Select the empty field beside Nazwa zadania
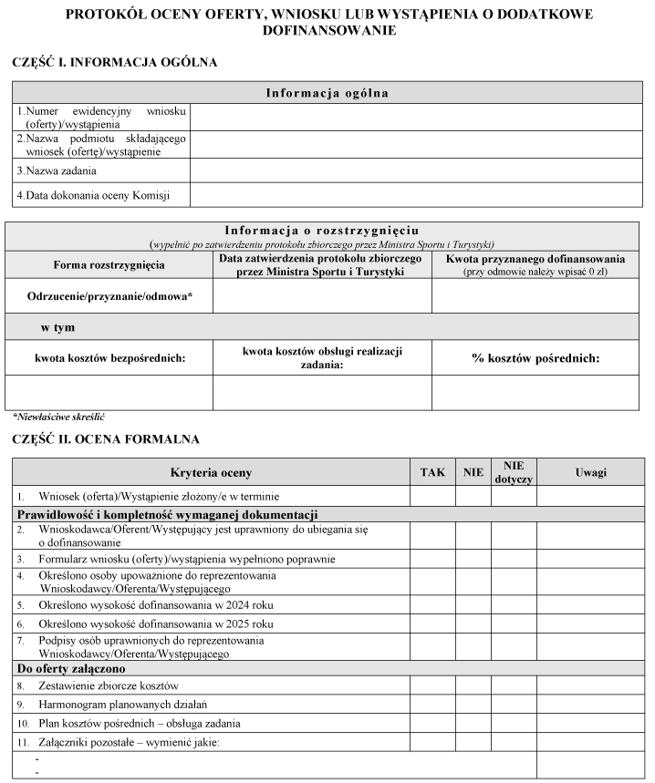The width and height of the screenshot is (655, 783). [415, 170]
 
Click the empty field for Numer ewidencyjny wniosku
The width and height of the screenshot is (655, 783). [415, 117]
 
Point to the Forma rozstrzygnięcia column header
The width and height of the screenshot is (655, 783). [109, 264]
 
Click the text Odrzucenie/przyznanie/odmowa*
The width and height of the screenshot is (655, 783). [111, 297]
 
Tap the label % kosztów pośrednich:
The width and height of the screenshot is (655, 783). [535, 358]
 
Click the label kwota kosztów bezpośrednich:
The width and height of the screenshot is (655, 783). [109, 358]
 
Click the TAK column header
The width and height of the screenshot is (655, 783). [432, 472]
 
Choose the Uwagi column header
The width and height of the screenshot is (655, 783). [590, 472]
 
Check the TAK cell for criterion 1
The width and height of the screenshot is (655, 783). [432, 496]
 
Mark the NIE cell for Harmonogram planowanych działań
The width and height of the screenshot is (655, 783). [473, 705]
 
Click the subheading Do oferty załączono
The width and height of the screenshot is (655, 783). [75, 668]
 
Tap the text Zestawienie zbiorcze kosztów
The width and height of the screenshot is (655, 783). [109, 685]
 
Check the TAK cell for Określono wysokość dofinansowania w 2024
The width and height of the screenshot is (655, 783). [432, 603]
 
